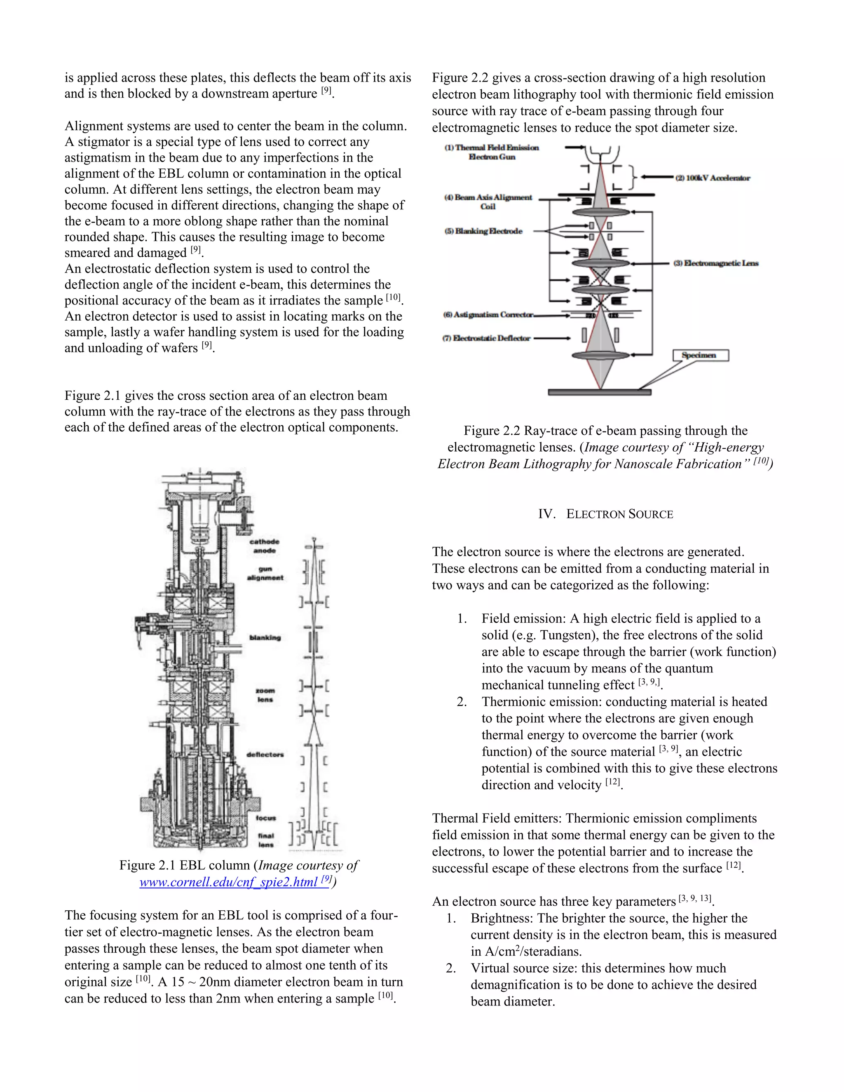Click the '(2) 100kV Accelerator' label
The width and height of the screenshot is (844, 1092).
(x=713, y=178)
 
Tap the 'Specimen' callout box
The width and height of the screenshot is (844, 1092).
(x=701, y=355)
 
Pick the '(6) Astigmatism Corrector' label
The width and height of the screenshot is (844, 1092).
(x=488, y=314)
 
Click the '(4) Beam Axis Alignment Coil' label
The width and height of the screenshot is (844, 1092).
(x=488, y=202)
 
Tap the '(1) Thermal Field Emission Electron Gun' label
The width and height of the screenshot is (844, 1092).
(x=492, y=152)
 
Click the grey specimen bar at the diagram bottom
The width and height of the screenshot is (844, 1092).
(x=600, y=392)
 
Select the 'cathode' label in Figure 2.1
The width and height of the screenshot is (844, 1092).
(x=265, y=541)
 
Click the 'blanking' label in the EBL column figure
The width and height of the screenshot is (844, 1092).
(x=265, y=637)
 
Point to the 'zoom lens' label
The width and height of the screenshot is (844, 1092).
(x=265, y=695)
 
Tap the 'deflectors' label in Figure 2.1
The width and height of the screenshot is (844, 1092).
(x=265, y=755)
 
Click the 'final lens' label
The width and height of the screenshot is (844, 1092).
(x=265, y=840)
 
